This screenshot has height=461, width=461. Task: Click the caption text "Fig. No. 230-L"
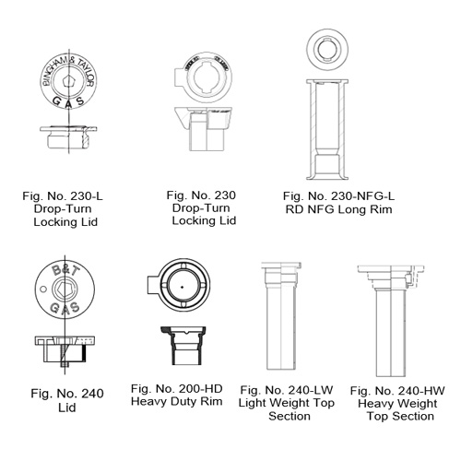coord(62,195)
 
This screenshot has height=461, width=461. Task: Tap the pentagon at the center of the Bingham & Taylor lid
coord(62,80)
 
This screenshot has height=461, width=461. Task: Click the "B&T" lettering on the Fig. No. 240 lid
coord(62,274)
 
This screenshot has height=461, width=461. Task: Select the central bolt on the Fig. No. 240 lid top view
coord(62,290)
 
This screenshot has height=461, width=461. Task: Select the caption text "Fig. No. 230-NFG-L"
coord(337,195)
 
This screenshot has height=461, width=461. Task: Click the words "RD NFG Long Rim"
coord(337,209)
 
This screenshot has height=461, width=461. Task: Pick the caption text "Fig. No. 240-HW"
coord(397,390)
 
